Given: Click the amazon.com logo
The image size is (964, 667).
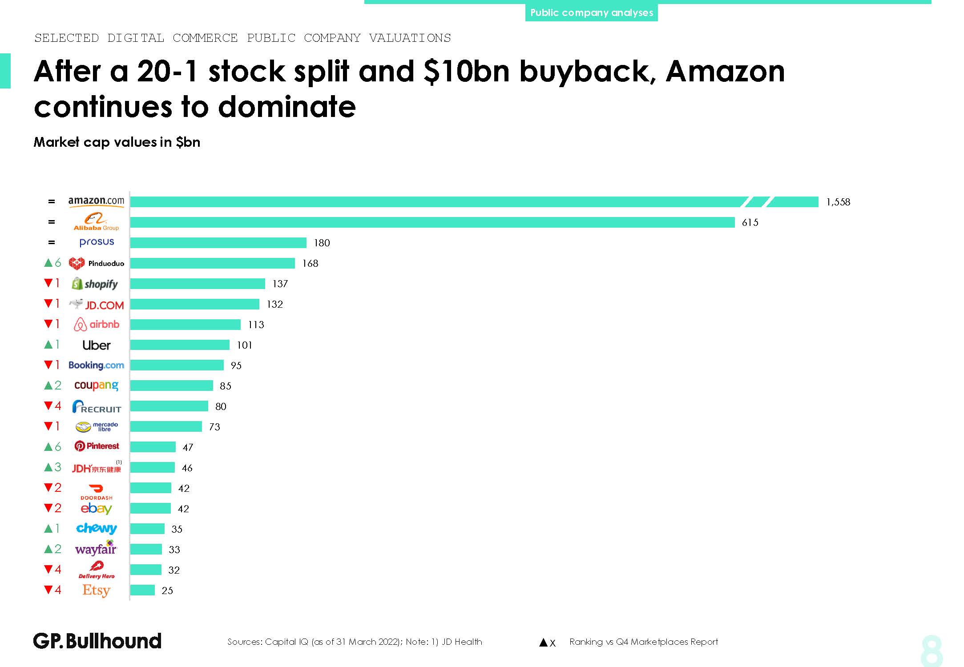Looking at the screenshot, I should click(96, 201).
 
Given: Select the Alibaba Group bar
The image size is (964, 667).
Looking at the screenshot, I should click(432, 222).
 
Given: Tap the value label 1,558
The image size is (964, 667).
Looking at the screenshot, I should click(838, 202).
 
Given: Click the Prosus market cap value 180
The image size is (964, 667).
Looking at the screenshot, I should click(322, 243).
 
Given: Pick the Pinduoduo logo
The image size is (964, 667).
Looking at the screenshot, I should click(97, 263).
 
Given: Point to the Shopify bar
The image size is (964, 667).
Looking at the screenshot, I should click(198, 284).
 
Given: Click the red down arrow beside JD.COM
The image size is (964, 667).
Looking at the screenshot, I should click(48, 304).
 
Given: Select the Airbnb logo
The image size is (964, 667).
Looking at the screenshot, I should click(97, 325).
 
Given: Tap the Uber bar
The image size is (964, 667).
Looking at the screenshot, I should click(180, 345).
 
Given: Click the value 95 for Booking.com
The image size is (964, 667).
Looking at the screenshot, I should click(236, 366).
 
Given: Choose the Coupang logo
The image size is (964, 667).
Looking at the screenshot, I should click(97, 386).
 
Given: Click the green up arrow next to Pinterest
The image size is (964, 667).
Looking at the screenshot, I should click(48, 447).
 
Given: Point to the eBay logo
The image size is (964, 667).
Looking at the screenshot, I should click(97, 508).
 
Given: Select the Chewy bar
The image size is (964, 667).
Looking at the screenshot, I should click(147, 529).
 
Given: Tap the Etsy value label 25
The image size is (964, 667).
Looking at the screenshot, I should click(167, 591).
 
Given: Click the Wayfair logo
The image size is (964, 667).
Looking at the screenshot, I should click(96, 549).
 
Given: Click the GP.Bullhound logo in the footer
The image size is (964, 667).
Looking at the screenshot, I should click(97, 641).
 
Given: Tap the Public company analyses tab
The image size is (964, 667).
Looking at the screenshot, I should click(591, 12).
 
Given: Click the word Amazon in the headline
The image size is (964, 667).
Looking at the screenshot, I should click(725, 71).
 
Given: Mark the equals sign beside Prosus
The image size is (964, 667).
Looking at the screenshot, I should click(52, 242).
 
